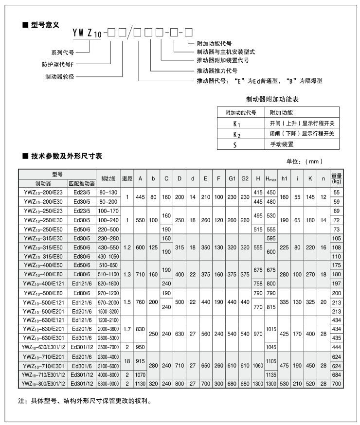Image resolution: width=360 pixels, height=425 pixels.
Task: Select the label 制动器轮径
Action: [x=60, y=76]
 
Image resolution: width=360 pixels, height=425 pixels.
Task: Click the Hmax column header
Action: [x=271, y=179]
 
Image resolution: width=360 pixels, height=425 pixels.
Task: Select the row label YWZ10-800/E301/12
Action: [x=43, y=384]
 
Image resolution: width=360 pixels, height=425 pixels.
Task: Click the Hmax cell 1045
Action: [x=271, y=347]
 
